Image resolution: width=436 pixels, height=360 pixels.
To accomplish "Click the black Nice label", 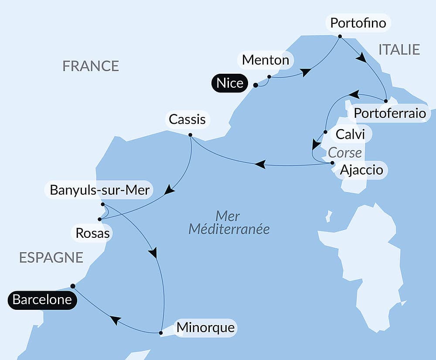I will click(x=230, y=83).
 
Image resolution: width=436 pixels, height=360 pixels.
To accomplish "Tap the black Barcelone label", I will click(x=42, y=300).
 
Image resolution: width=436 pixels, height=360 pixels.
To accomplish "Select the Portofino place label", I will click(x=358, y=23).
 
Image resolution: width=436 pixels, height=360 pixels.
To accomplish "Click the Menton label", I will click(x=266, y=60).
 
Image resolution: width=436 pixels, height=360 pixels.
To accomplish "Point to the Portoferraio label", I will click(x=389, y=113).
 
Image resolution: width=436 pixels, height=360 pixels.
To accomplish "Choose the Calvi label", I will click(x=351, y=134).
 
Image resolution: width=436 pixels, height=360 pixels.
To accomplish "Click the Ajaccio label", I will click(x=361, y=169).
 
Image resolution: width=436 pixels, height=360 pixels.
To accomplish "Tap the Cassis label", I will click(x=187, y=119).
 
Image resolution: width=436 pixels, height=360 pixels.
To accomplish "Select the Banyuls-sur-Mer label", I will click(x=100, y=190).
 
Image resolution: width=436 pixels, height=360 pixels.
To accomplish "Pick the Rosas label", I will click(x=92, y=233).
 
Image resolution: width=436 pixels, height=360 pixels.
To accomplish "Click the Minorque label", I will click(x=205, y=327).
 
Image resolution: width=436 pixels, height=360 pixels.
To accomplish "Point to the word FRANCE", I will click(x=91, y=66).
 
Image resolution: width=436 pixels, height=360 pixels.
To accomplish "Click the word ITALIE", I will click(x=399, y=49).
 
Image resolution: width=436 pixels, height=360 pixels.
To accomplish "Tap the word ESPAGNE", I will click(x=51, y=257).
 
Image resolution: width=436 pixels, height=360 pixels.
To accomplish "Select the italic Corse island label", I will click(x=345, y=153).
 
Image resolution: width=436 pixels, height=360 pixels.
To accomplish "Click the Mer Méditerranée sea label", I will click(x=228, y=223).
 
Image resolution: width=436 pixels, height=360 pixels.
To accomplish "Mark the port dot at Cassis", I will click(x=190, y=134).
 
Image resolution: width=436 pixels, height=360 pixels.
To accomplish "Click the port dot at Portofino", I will click(x=340, y=37).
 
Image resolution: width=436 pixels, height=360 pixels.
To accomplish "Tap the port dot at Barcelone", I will click(x=73, y=286).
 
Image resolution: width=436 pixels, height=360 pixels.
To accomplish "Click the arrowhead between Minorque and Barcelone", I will click(x=116, y=321).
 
